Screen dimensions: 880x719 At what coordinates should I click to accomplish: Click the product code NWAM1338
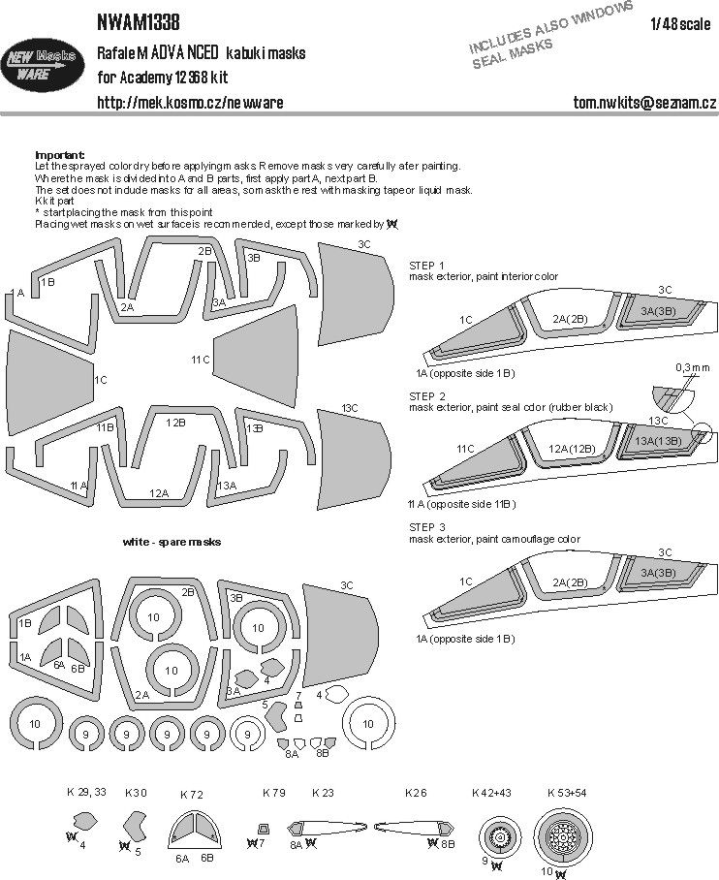click(x=139, y=19)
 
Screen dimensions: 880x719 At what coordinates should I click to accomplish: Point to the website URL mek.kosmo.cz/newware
click(x=190, y=102)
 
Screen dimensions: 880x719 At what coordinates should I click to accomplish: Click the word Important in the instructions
click(x=59, y=155)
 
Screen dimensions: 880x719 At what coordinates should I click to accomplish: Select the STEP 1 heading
click(x=427, y=265)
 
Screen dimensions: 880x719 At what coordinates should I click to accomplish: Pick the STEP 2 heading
click(x=427, y=396)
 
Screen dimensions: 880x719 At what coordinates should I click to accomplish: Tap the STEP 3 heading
click(x=427, y=526)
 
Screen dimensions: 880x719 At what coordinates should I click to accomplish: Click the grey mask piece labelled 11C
click(x=252, y=360)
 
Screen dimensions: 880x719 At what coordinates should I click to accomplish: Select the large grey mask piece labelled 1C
click(x=48, y=380)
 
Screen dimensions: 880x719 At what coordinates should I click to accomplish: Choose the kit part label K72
click(x=191, y=795)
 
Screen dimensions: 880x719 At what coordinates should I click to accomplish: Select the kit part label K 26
click(x=416, y=793)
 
